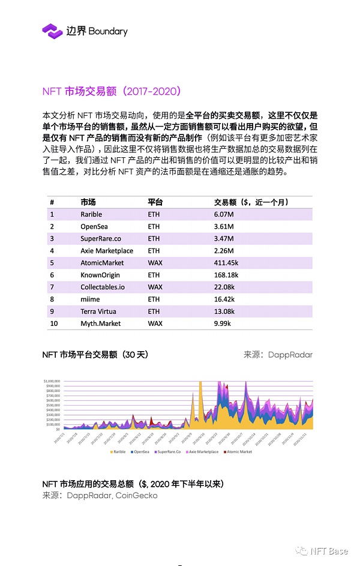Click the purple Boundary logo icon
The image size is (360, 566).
(52, 31)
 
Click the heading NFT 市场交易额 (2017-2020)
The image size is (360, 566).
(112, 92)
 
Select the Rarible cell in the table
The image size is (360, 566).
(91, 214)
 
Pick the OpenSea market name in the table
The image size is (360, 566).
(94, 226)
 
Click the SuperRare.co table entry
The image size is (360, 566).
(100, 239)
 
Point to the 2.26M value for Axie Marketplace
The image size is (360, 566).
(224, 251)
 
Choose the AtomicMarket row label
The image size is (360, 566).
(102, 263)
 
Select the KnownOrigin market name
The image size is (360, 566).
(100, 275)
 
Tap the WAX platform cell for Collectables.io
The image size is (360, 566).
(155, 287)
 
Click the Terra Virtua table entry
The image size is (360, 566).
(98, 312)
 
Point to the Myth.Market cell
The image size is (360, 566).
(100, 324)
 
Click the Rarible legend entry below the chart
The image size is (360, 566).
(118, 451)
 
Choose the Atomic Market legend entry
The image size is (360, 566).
(238, 451)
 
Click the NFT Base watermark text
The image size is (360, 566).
(328, 550)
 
